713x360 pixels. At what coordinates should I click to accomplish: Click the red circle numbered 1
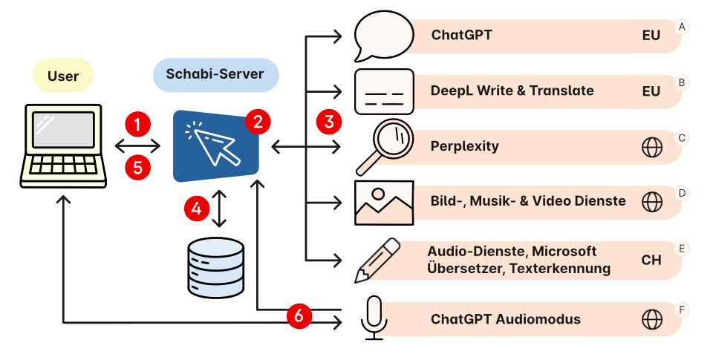pos(137,122)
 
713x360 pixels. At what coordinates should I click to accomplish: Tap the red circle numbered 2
pos(257,121)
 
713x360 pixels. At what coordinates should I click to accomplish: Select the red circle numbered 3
pos(328,120)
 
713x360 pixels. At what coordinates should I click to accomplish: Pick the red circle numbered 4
pos(196,209)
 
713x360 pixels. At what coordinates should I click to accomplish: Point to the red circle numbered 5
pos(137,168)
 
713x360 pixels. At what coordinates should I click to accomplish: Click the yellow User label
pos(63,76)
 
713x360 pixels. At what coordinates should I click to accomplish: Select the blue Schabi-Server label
pos(215,76)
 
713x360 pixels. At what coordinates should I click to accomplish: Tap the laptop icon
pos(62,145)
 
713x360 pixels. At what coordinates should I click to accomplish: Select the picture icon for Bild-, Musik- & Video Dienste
pos(383,202)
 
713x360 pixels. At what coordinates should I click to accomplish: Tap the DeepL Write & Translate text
pos(512,91)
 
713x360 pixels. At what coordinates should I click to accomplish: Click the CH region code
pos(651,261)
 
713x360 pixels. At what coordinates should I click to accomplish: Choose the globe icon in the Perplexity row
pos(651,147)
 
